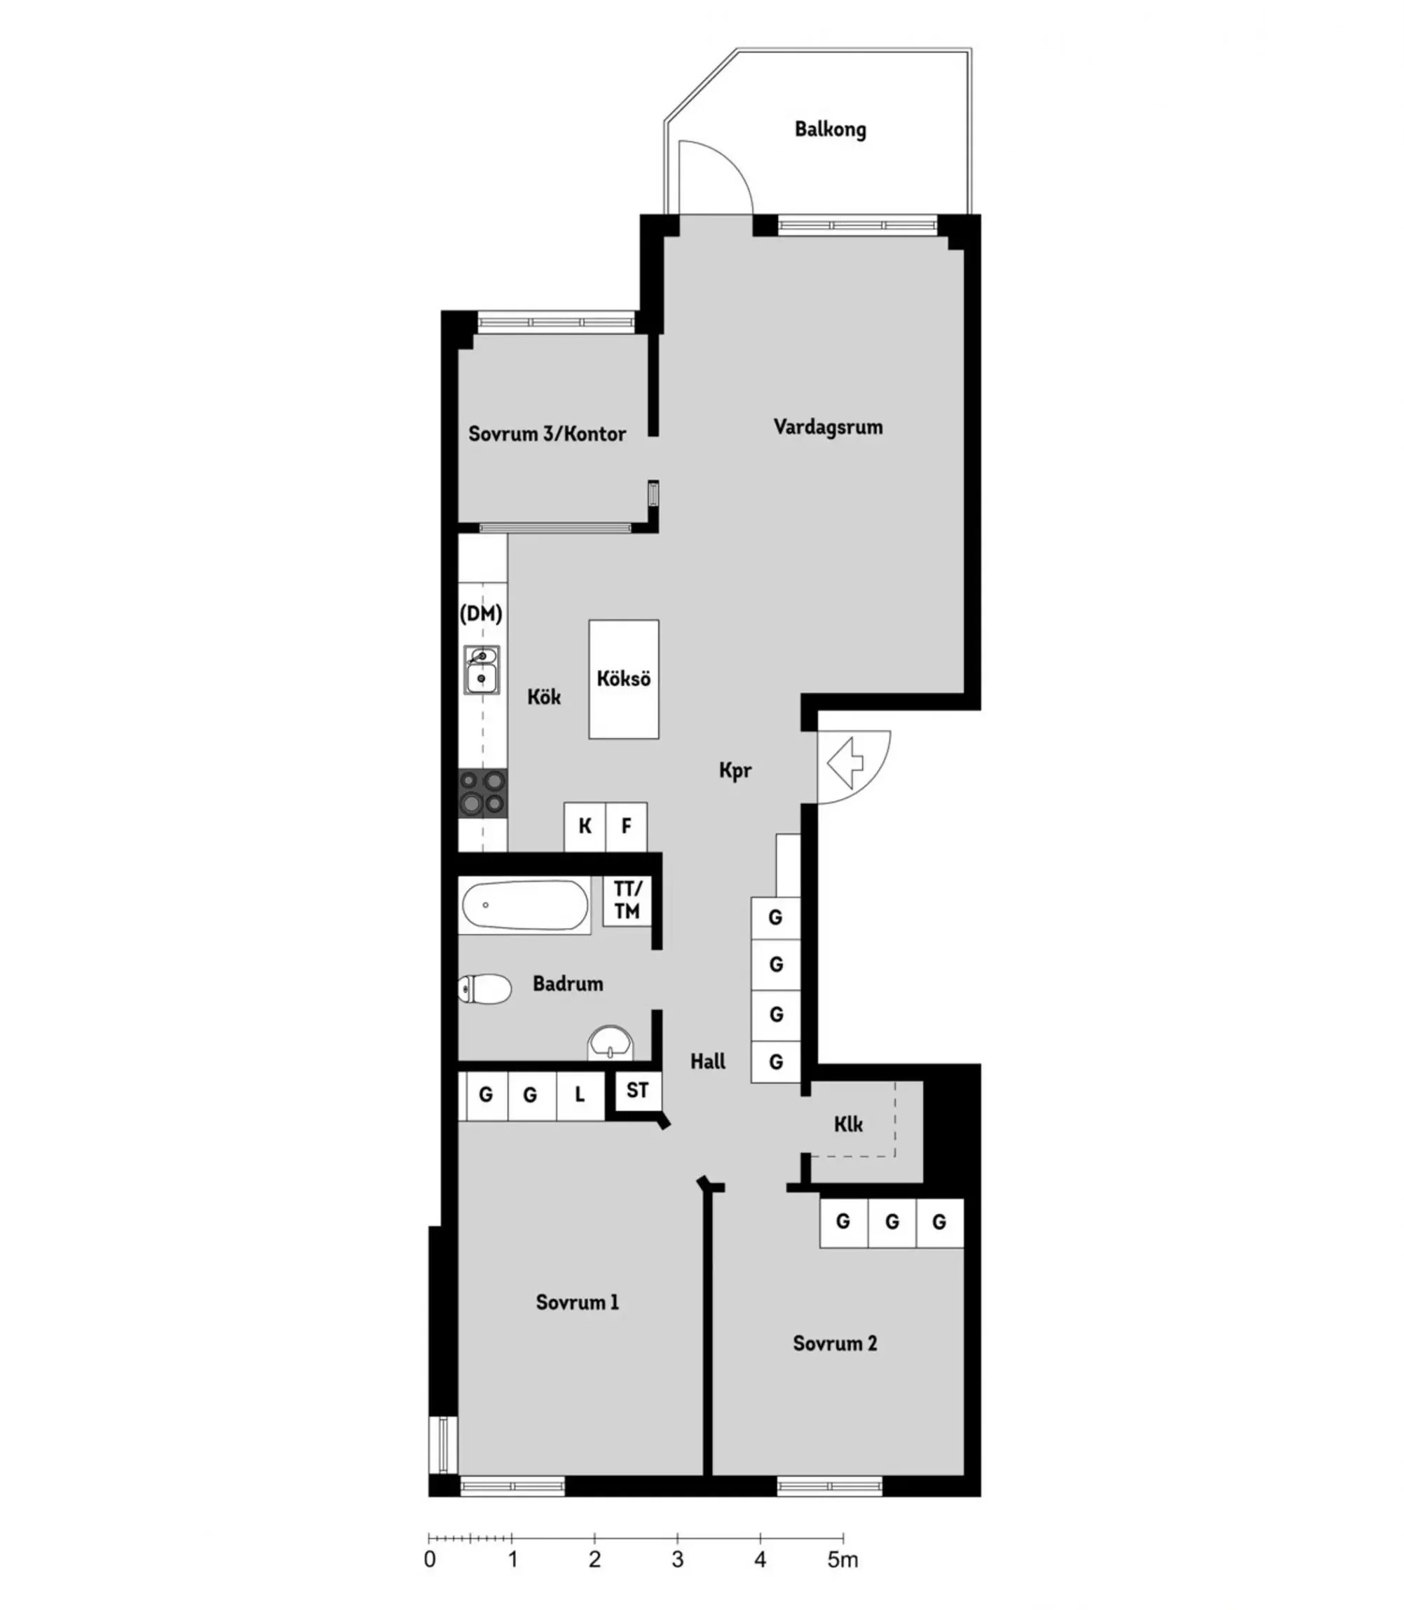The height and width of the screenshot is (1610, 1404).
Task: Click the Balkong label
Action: [x=831, y=129]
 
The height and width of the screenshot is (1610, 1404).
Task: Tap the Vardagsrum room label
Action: [x=828, y=427]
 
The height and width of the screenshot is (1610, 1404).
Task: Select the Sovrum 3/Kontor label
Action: [x=547, y=434]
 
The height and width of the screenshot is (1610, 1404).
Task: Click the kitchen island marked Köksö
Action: [x=624, y=679]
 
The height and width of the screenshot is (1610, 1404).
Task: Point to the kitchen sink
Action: [x=482, y=670]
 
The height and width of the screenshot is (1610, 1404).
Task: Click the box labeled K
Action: [x=585, y=826]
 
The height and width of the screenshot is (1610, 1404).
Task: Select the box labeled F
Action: [x=627, y=826]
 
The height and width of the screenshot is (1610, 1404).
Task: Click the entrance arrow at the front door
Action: [x=845, y=765]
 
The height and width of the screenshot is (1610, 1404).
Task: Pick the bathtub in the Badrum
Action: [x=525, y=906]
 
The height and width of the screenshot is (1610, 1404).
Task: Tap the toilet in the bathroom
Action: [x=484, y=989]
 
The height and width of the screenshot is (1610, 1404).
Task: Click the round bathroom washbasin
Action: [x=611, y=1043]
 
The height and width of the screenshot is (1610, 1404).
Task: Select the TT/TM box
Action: [x=627, y=900]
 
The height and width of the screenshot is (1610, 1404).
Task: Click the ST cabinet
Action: [x=638, y=1090]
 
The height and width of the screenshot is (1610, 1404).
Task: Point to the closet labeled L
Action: [x=580, y=1096]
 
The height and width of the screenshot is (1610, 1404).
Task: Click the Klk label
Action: [x=849, y=1125]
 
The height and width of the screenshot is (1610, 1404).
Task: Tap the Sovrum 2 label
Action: [x=836, y=1344]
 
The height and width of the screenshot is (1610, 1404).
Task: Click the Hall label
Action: [x=707, y=1062]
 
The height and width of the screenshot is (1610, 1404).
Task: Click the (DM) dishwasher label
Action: [x=481, y=613]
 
